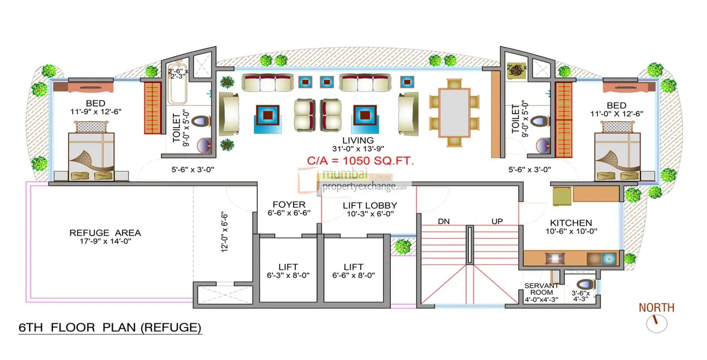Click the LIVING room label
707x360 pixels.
click(x=358, y=141)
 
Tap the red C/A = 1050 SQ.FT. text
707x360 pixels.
click(x=360, y=161)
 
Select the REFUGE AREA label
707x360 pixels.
click(x=105, y=233)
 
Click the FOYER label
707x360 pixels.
click(x=289, y=205)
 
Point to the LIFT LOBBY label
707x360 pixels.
click(x=370, y=206)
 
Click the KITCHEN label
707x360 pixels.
click(x=571, y=223)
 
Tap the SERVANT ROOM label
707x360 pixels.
click(x=541, y=289)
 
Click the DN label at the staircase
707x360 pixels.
click(x=443, y=222)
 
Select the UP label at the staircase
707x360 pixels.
click(x=497, y=222)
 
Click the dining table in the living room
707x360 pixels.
click(x=454, y=112)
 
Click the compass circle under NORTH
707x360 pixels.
click(x=656, y=324)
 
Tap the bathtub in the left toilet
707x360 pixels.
click(x=177, y=88)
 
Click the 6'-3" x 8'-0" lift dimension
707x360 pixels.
click(x=288, y=276)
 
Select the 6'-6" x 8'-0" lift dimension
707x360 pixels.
click(x=353, y=276)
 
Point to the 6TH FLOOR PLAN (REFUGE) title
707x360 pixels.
click(x=110, y=328)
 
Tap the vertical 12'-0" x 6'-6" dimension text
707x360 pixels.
click(x=225, y=231)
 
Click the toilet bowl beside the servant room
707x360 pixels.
click(x=585, y=284)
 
